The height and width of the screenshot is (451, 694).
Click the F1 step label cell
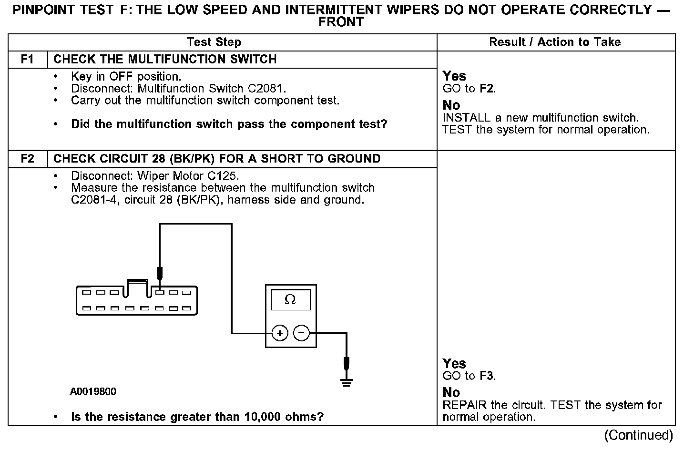pos(28,59)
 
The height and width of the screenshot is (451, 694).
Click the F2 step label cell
pos(28,159)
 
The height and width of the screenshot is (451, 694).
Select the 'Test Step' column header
pos(214,42)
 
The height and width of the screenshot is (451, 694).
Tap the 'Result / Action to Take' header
pos(555,42)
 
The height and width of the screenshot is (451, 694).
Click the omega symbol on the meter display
pos(290,299)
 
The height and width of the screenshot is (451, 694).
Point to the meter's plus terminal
pos(280,333)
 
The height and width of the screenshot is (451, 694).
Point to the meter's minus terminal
pos(301,333)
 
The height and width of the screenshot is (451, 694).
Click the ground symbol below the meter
pos(347,381)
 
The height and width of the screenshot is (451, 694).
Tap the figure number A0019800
pos(93,392)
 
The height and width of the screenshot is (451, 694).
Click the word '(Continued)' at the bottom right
pos(639,435)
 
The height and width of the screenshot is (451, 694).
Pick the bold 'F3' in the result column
pos(486,376)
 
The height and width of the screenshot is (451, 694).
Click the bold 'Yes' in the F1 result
pos(454,76)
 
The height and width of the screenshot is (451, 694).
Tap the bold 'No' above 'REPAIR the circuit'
pos(451,392)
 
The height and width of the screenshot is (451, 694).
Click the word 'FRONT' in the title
pos(341,22)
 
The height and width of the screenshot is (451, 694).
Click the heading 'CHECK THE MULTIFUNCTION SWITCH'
pos(165,59)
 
